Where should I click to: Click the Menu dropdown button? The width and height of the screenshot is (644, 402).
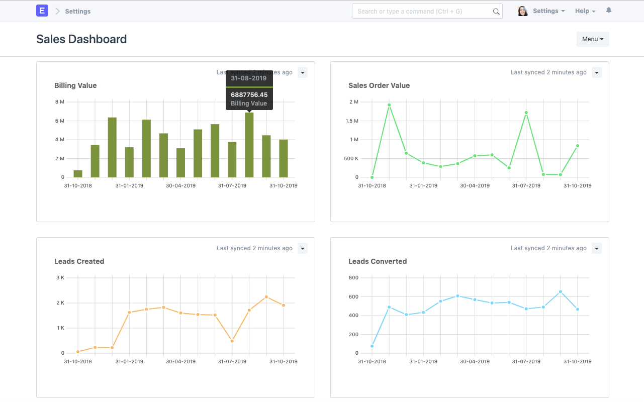593,39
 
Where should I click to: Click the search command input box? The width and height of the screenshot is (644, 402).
422,11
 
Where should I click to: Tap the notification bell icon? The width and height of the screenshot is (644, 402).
609,11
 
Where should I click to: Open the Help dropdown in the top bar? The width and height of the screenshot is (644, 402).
585,11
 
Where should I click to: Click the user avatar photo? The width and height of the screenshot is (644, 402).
523,11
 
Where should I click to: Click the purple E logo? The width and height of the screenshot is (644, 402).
42,11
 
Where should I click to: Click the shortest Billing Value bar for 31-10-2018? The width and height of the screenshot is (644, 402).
78,174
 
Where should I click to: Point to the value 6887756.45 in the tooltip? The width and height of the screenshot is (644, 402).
249,94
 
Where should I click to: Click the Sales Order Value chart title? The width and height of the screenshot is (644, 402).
379,85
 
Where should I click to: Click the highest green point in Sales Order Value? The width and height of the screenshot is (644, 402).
389,105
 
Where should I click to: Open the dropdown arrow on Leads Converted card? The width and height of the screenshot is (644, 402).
596,248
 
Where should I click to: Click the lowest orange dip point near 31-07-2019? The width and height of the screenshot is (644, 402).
232,341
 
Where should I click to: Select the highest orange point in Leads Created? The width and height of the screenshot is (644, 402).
266,297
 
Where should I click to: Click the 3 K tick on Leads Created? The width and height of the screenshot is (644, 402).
60,277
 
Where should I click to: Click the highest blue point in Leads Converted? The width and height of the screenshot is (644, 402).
561,291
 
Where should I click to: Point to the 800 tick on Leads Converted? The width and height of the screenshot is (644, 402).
353,277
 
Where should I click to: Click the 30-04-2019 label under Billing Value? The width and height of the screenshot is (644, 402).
181,185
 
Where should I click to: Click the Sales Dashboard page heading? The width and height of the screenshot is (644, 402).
81,39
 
